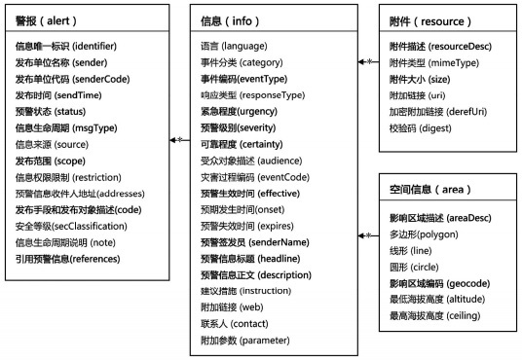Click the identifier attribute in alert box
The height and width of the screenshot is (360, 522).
(x=67, y=46)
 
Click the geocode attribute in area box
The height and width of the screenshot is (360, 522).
(x=437, y=282)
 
